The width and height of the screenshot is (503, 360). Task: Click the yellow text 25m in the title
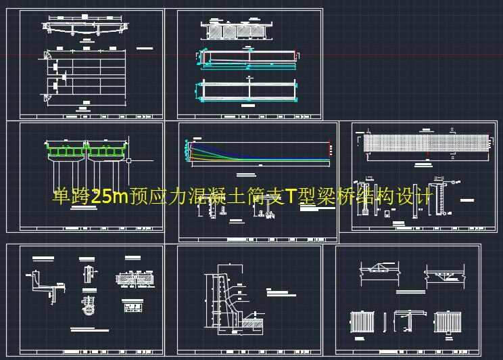(109, 197)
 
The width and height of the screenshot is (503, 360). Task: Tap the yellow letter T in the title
(290, 197)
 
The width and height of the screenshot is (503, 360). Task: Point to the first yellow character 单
(61, 197)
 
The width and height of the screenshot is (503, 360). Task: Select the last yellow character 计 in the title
(424, 197)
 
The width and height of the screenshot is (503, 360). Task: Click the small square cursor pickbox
(128, 160)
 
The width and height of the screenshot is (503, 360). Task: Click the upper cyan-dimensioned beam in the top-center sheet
(249, 58)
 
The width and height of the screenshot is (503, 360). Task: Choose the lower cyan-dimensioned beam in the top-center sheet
(249, 90)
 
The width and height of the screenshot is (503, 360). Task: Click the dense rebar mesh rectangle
(426, 143)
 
